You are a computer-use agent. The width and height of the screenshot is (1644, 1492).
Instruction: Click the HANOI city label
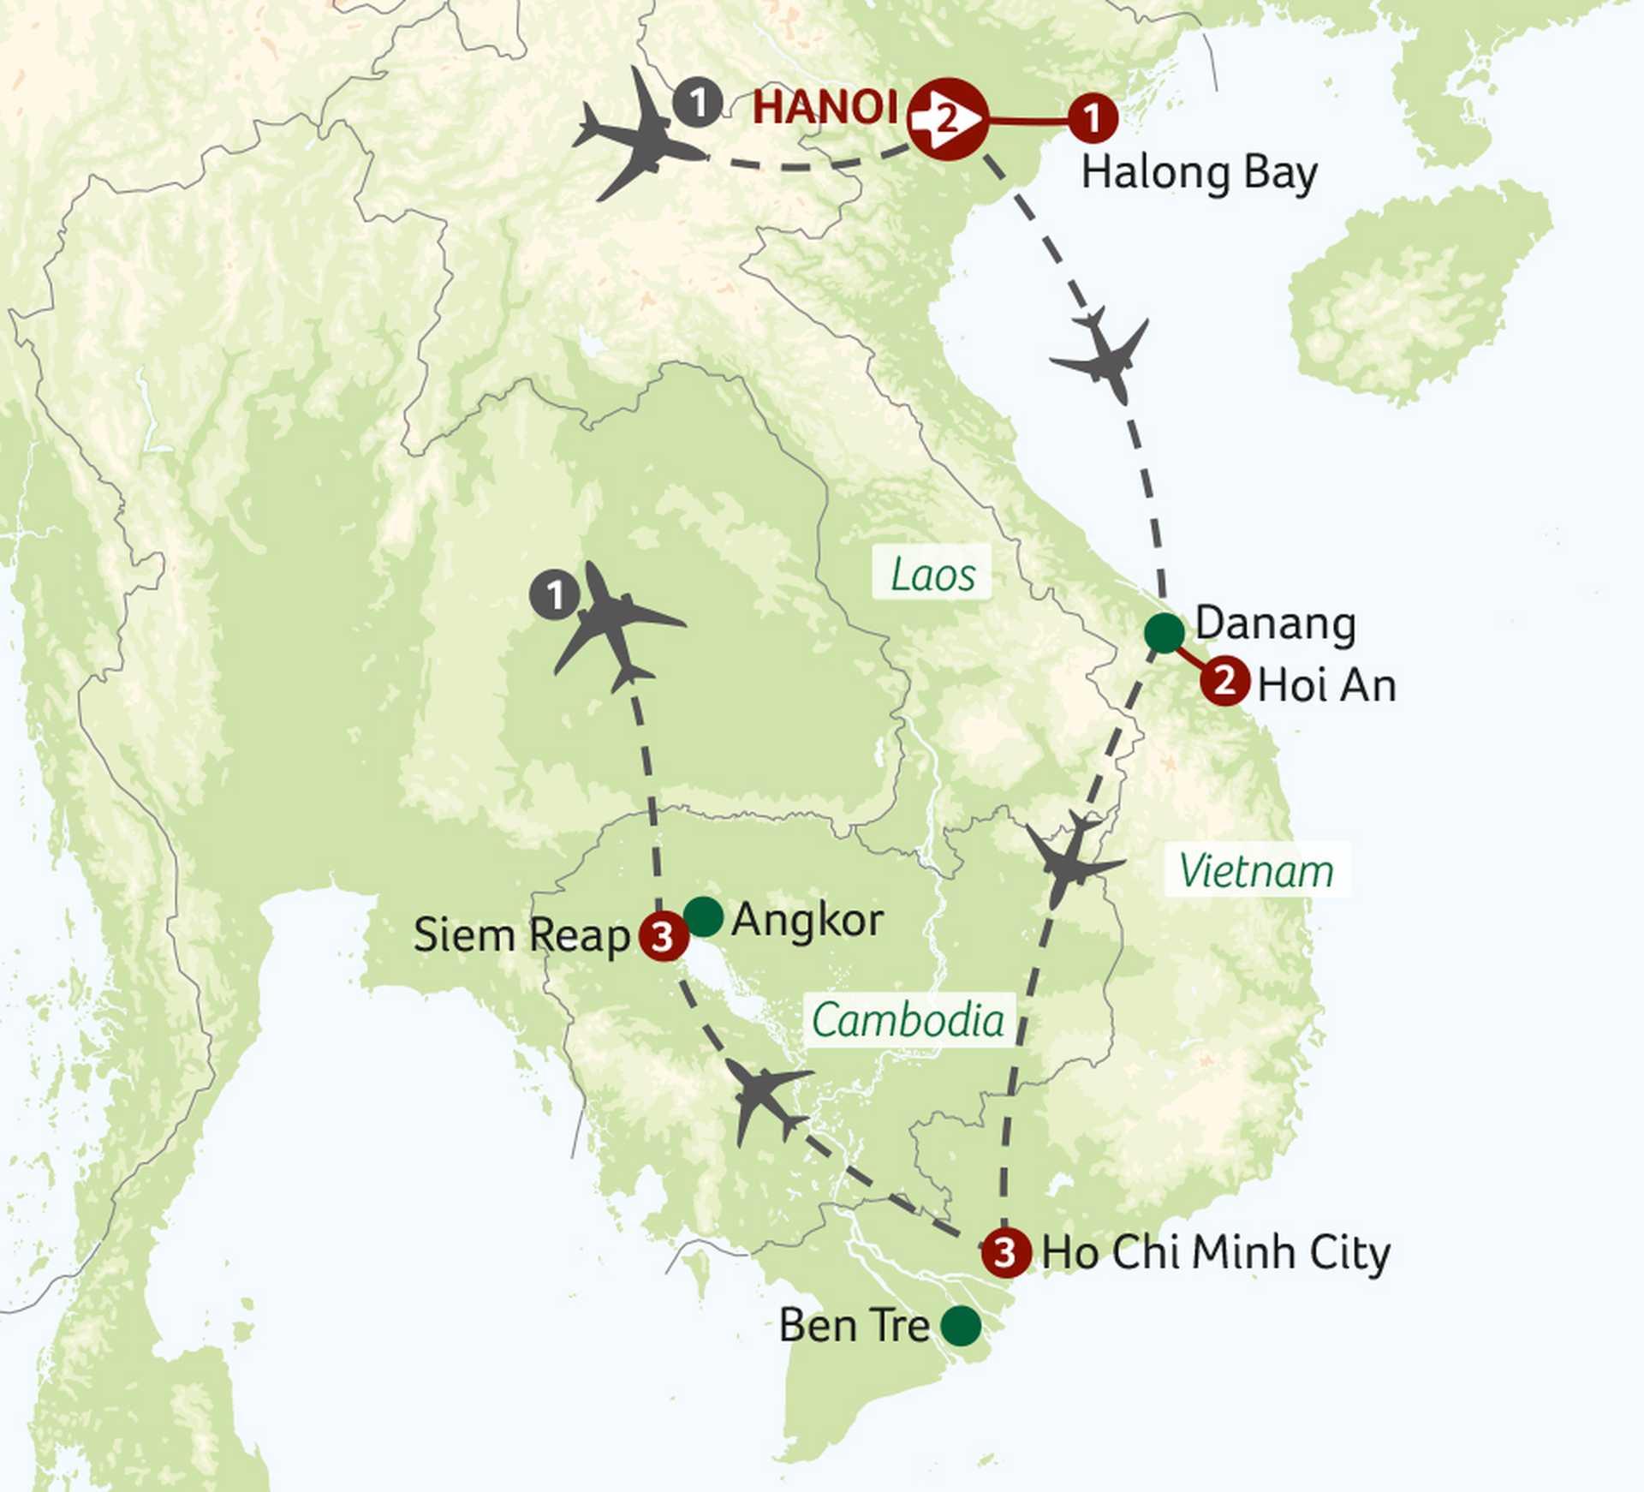coord(825,108)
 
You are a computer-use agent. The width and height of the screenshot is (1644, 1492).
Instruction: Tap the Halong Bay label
coord(1199,174)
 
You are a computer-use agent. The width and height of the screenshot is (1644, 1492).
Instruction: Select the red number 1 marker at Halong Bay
coord(1093,118)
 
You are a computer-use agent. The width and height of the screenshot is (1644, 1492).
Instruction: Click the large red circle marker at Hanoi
coord(947,119)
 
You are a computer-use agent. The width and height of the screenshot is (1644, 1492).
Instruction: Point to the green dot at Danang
coord(1164,634)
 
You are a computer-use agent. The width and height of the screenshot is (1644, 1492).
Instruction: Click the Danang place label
coord(1275,624)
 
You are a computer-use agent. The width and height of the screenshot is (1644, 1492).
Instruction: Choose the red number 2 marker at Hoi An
coord(1225,681)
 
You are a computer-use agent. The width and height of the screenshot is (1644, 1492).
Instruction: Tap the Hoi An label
coord(1326,685)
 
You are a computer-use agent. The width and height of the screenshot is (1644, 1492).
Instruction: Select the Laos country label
coord(932,574)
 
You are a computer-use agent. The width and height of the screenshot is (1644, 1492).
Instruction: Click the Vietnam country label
coord(1256,871)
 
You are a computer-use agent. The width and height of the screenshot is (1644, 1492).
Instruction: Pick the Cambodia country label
coord(908,1020)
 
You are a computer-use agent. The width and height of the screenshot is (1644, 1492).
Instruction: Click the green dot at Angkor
coord(704,916)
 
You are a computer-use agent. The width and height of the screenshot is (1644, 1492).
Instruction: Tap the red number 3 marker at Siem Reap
coord(664,936)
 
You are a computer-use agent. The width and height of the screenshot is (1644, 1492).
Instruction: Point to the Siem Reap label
coord(521,934)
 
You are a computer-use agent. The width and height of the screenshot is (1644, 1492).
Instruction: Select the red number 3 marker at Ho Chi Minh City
coord(1005,1252)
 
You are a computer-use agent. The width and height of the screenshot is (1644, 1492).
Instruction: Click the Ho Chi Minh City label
coord(1216,1252)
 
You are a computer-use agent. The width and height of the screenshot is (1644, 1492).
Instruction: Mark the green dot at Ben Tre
coord(961,1326)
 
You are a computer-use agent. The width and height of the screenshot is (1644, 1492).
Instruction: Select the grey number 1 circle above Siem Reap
coord(555,595)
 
